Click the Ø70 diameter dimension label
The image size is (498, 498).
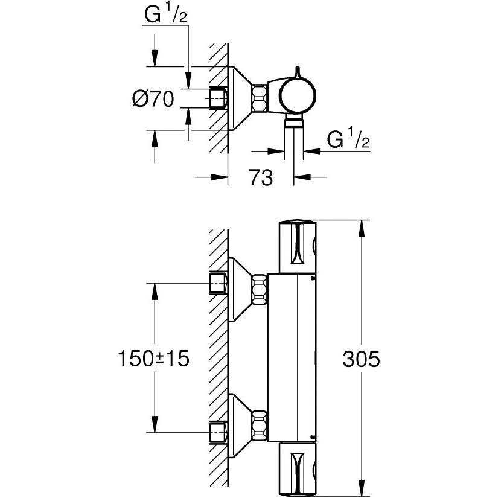point(153,98)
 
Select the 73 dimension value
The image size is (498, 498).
point(261,177)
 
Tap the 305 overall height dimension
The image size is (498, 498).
point(361,359)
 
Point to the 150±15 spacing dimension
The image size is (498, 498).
point(153,358)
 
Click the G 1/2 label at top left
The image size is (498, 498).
point(165,14)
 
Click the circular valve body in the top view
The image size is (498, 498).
point(297,95)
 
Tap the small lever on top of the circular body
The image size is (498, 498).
point(297,72)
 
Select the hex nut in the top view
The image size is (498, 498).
point(259,98)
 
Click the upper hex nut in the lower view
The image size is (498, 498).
point(259,290)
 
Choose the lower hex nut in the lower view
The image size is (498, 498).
point(259,426)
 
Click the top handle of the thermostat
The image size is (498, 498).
point(297,246)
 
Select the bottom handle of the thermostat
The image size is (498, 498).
point(297,470)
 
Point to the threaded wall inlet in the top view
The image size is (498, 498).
point(218,98)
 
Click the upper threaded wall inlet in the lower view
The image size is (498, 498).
point(218,283)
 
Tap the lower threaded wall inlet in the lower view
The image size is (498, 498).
point(218,432)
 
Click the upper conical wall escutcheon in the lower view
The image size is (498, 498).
point(240,290)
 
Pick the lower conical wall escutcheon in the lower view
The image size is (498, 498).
point(240,426)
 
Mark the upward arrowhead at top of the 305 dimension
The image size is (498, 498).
point(361,228)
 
